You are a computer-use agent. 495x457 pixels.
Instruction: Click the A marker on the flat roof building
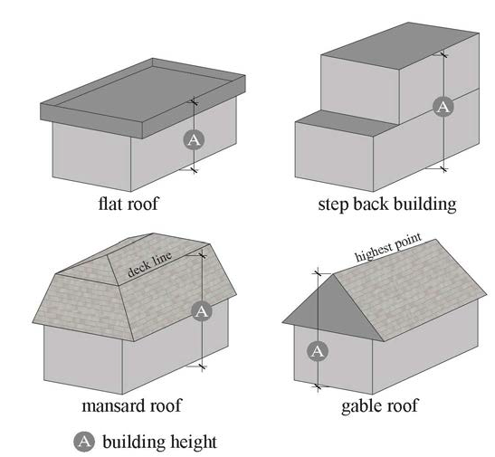[x=194, y=139]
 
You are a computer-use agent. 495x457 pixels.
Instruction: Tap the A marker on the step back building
[x=443, y=107]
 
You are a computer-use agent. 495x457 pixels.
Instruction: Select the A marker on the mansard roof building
[x=202, y=311]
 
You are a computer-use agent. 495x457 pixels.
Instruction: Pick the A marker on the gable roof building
[x=318, y=351]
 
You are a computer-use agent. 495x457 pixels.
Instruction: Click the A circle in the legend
[x=84, y=441]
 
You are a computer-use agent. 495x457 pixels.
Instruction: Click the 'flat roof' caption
[x=129, y=204]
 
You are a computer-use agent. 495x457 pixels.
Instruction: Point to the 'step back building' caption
[x=387, y=205]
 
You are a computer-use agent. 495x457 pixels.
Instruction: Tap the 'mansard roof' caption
[x=132, y=405]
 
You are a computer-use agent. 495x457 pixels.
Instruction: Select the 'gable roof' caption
[x=380, y=405]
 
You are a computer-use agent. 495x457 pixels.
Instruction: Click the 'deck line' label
[x=150, y=265]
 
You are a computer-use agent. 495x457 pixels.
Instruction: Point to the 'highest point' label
[x=388, y=247]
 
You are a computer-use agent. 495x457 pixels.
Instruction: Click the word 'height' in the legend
[x=191, y=443]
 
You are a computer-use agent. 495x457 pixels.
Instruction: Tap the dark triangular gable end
[x=333, y=311]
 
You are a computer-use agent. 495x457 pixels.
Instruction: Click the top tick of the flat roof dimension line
[x=195, y=102]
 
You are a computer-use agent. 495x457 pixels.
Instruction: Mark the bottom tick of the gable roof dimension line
[x=318, y=386]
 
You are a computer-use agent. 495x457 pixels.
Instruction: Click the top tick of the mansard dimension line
[x=203, y=255]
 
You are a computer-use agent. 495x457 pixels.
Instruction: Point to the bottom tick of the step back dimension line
[x=443, y=169]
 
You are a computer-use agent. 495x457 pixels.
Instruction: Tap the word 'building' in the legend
[x=132, y=443]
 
